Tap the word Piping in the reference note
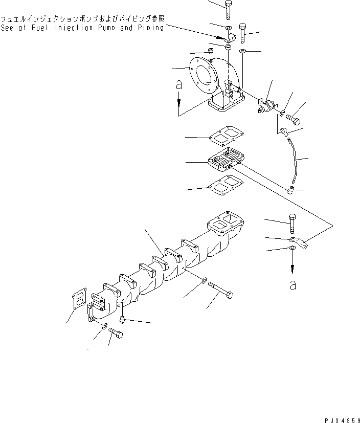click(150, 28)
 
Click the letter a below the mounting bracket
click(292, 285)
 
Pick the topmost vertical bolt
click(229, 9)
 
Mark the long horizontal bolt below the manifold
click(221, 294)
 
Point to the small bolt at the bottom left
click(117, 333)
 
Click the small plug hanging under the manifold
click(123, 319)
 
